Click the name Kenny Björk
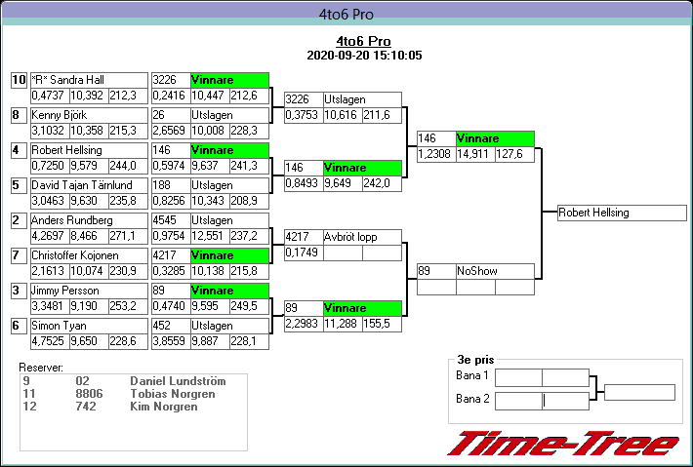click(x=60, y=115)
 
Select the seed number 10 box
click(x=19, y=80)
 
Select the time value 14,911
click(x=473, y=154)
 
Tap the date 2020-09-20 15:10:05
click(x=363, y=56)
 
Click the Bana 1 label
click(x=472, y=375)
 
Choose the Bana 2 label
click(x=472, y=399)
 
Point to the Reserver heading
click(x=41, y=368)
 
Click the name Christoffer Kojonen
click(x=74, y=255)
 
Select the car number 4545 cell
click(x=167, y=220)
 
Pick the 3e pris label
click(x=475, y=359)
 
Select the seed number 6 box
click(x=19, y=326)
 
